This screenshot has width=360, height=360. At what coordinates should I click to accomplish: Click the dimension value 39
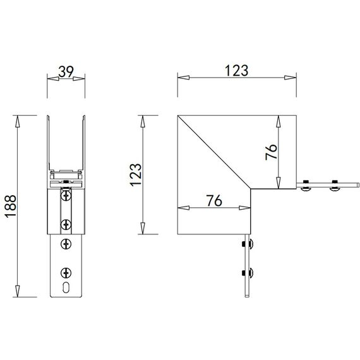pyautogui.click(x=64, y=71)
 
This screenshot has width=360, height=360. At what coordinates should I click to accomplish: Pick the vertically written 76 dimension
pyautogui.click(x=270, y=151)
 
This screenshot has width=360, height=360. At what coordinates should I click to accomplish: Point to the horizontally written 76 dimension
pyautogui.click(x=214, y=201)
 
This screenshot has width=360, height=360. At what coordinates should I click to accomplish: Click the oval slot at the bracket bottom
pyautogui.click(x=65, y=287)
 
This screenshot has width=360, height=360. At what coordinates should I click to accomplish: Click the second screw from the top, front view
pyautogui.click(x=65, y=224)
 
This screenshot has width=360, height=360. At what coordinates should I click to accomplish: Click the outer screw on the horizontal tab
pyautogui.click(x=334, y=186)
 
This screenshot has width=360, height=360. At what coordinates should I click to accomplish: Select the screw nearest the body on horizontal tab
pyautogui.click(x=307, y=186)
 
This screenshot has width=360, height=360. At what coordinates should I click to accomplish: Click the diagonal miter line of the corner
pyautogui.click(x=215, y=151)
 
